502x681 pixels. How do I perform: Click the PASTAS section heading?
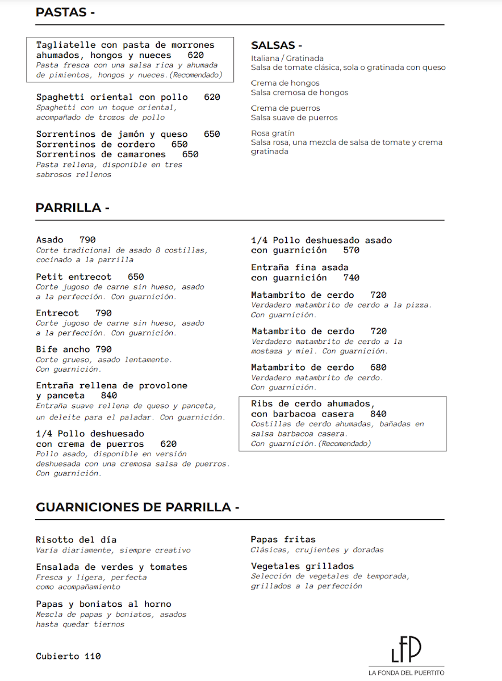coord(65,12)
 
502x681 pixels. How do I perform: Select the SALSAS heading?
coord(277,45)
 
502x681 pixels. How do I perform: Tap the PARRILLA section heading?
coord(72,208)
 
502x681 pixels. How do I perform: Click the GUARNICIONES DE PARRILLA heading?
coord(137,507)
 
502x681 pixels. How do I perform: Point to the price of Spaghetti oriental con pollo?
coord(212,97)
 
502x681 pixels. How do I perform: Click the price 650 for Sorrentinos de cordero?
coord(179,144)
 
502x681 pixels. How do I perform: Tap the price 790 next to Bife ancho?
coord(103,350)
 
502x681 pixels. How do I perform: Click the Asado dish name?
coord(50,240)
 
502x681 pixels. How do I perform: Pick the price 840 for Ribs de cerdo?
coord(378,414)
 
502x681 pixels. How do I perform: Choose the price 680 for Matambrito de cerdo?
coord(378,367)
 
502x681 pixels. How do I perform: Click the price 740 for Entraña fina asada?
coord(352,278)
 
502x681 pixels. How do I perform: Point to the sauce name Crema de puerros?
coord(286,108)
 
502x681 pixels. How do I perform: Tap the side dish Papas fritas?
coord(283,539)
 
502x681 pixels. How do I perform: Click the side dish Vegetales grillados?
coord(302,566)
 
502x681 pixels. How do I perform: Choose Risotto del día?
coord(76,540)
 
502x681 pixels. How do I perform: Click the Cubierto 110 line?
coord(68,656)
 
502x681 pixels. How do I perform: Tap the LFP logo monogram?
coord(406,649)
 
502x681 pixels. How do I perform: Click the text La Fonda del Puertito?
coord(406,672)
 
